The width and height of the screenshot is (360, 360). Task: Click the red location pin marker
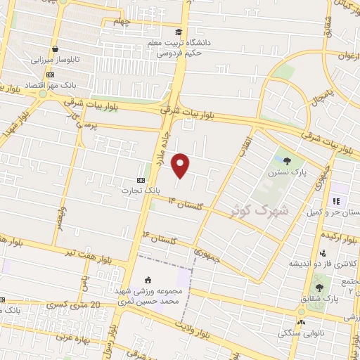coord(181,165)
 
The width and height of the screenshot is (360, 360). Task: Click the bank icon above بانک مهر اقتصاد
coord(50,74)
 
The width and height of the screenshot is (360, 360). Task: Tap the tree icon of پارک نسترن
coord(287,160)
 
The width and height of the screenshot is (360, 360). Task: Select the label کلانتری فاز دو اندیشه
coord(323,264)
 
